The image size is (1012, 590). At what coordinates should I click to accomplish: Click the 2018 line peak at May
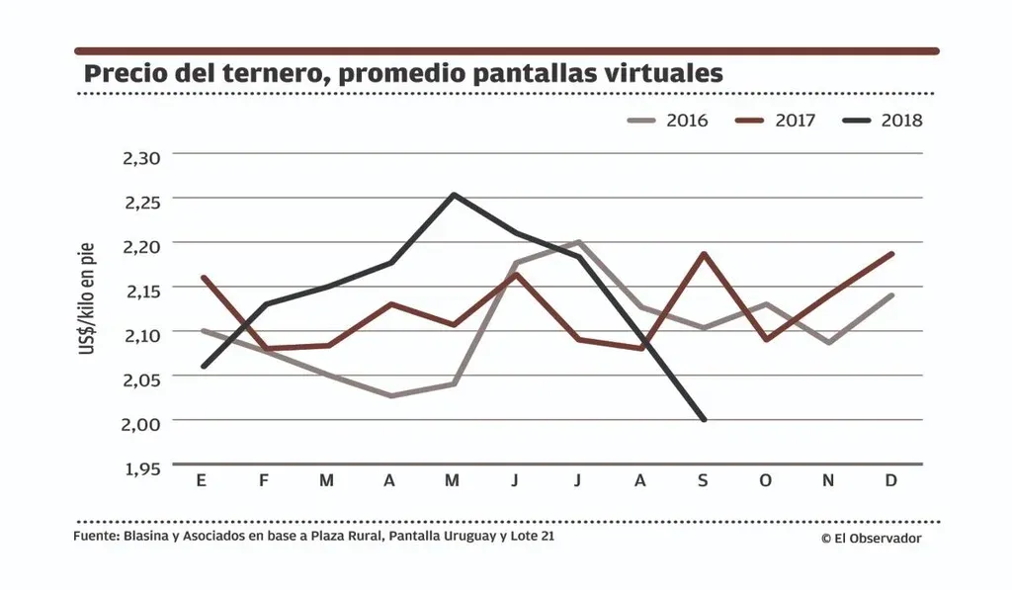pyautogui.click(x=453, y=195)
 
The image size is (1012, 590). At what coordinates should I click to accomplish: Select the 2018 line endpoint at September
pyautogui.click(x=704, y=420)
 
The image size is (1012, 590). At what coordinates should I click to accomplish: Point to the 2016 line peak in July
pyautogui.click(x=578, y=241)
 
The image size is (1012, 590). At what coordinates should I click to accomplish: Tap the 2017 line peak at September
pyautogui.click(x=704, y=253)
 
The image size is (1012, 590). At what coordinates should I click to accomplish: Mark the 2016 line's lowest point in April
pyautogui.click(x=390, y=396)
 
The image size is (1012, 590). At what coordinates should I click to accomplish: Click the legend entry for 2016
pyautogui.click(x=668, y=121)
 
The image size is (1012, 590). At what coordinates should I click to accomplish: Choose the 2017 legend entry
pyautogui.click(x=776, y=121)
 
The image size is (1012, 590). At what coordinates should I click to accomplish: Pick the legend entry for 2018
pyautogui.click(x=884, y=121)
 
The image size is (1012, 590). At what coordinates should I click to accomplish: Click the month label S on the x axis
pyautogui.click(x=704, y=481)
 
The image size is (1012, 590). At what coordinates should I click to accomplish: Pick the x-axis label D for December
pyautogui.click(x=891, y=481)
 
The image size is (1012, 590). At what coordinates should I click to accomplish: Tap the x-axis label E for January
pyautogui.click(x=202, y=481)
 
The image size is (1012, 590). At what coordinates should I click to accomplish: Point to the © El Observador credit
pyautogui.click(x=870, y=539)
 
